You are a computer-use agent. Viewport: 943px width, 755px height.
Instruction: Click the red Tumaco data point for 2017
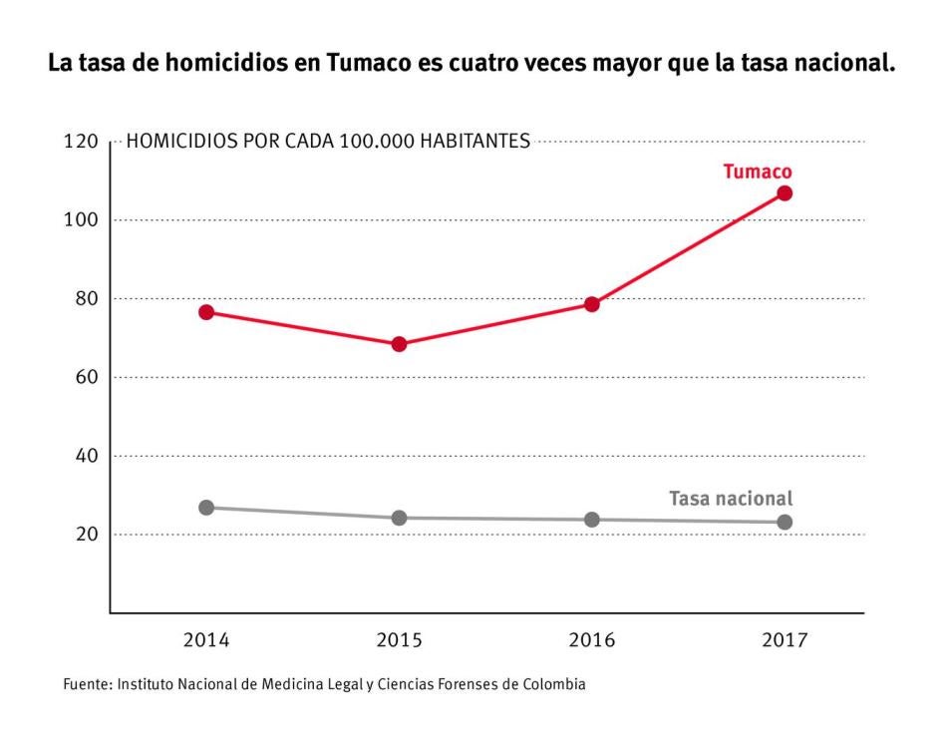pos(785,192)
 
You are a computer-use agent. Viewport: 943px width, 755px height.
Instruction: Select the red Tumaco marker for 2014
pos(206,312)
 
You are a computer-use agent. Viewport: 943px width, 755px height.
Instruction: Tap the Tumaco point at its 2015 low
pos(399,344)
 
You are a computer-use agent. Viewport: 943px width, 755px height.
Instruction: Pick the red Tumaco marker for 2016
pos(592,304)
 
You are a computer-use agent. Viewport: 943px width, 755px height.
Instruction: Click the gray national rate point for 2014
pos(206,508)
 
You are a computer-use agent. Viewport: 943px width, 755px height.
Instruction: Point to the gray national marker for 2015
pos(399,518)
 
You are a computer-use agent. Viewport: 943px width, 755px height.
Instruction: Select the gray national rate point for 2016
pos(592,520)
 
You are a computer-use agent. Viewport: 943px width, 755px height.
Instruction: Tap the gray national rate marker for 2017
pos(785,522)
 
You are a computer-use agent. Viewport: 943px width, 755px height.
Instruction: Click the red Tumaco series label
pos(757,172)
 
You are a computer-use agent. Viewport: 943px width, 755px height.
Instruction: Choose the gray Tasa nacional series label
pos(730,499)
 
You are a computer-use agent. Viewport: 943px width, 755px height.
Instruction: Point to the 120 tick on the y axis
pos(80,142)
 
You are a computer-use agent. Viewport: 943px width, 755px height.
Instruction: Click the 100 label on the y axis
pos(80,220)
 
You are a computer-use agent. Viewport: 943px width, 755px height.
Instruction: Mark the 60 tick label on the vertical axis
pos(85,378)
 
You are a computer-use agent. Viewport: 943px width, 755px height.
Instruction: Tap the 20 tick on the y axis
pos(85,535)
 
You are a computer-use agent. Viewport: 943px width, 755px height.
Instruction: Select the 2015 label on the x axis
pos(399,640)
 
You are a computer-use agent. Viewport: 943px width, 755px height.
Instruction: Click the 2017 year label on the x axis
pos(785,640)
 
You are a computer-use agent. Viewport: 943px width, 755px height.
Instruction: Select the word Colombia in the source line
pos(553,685)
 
